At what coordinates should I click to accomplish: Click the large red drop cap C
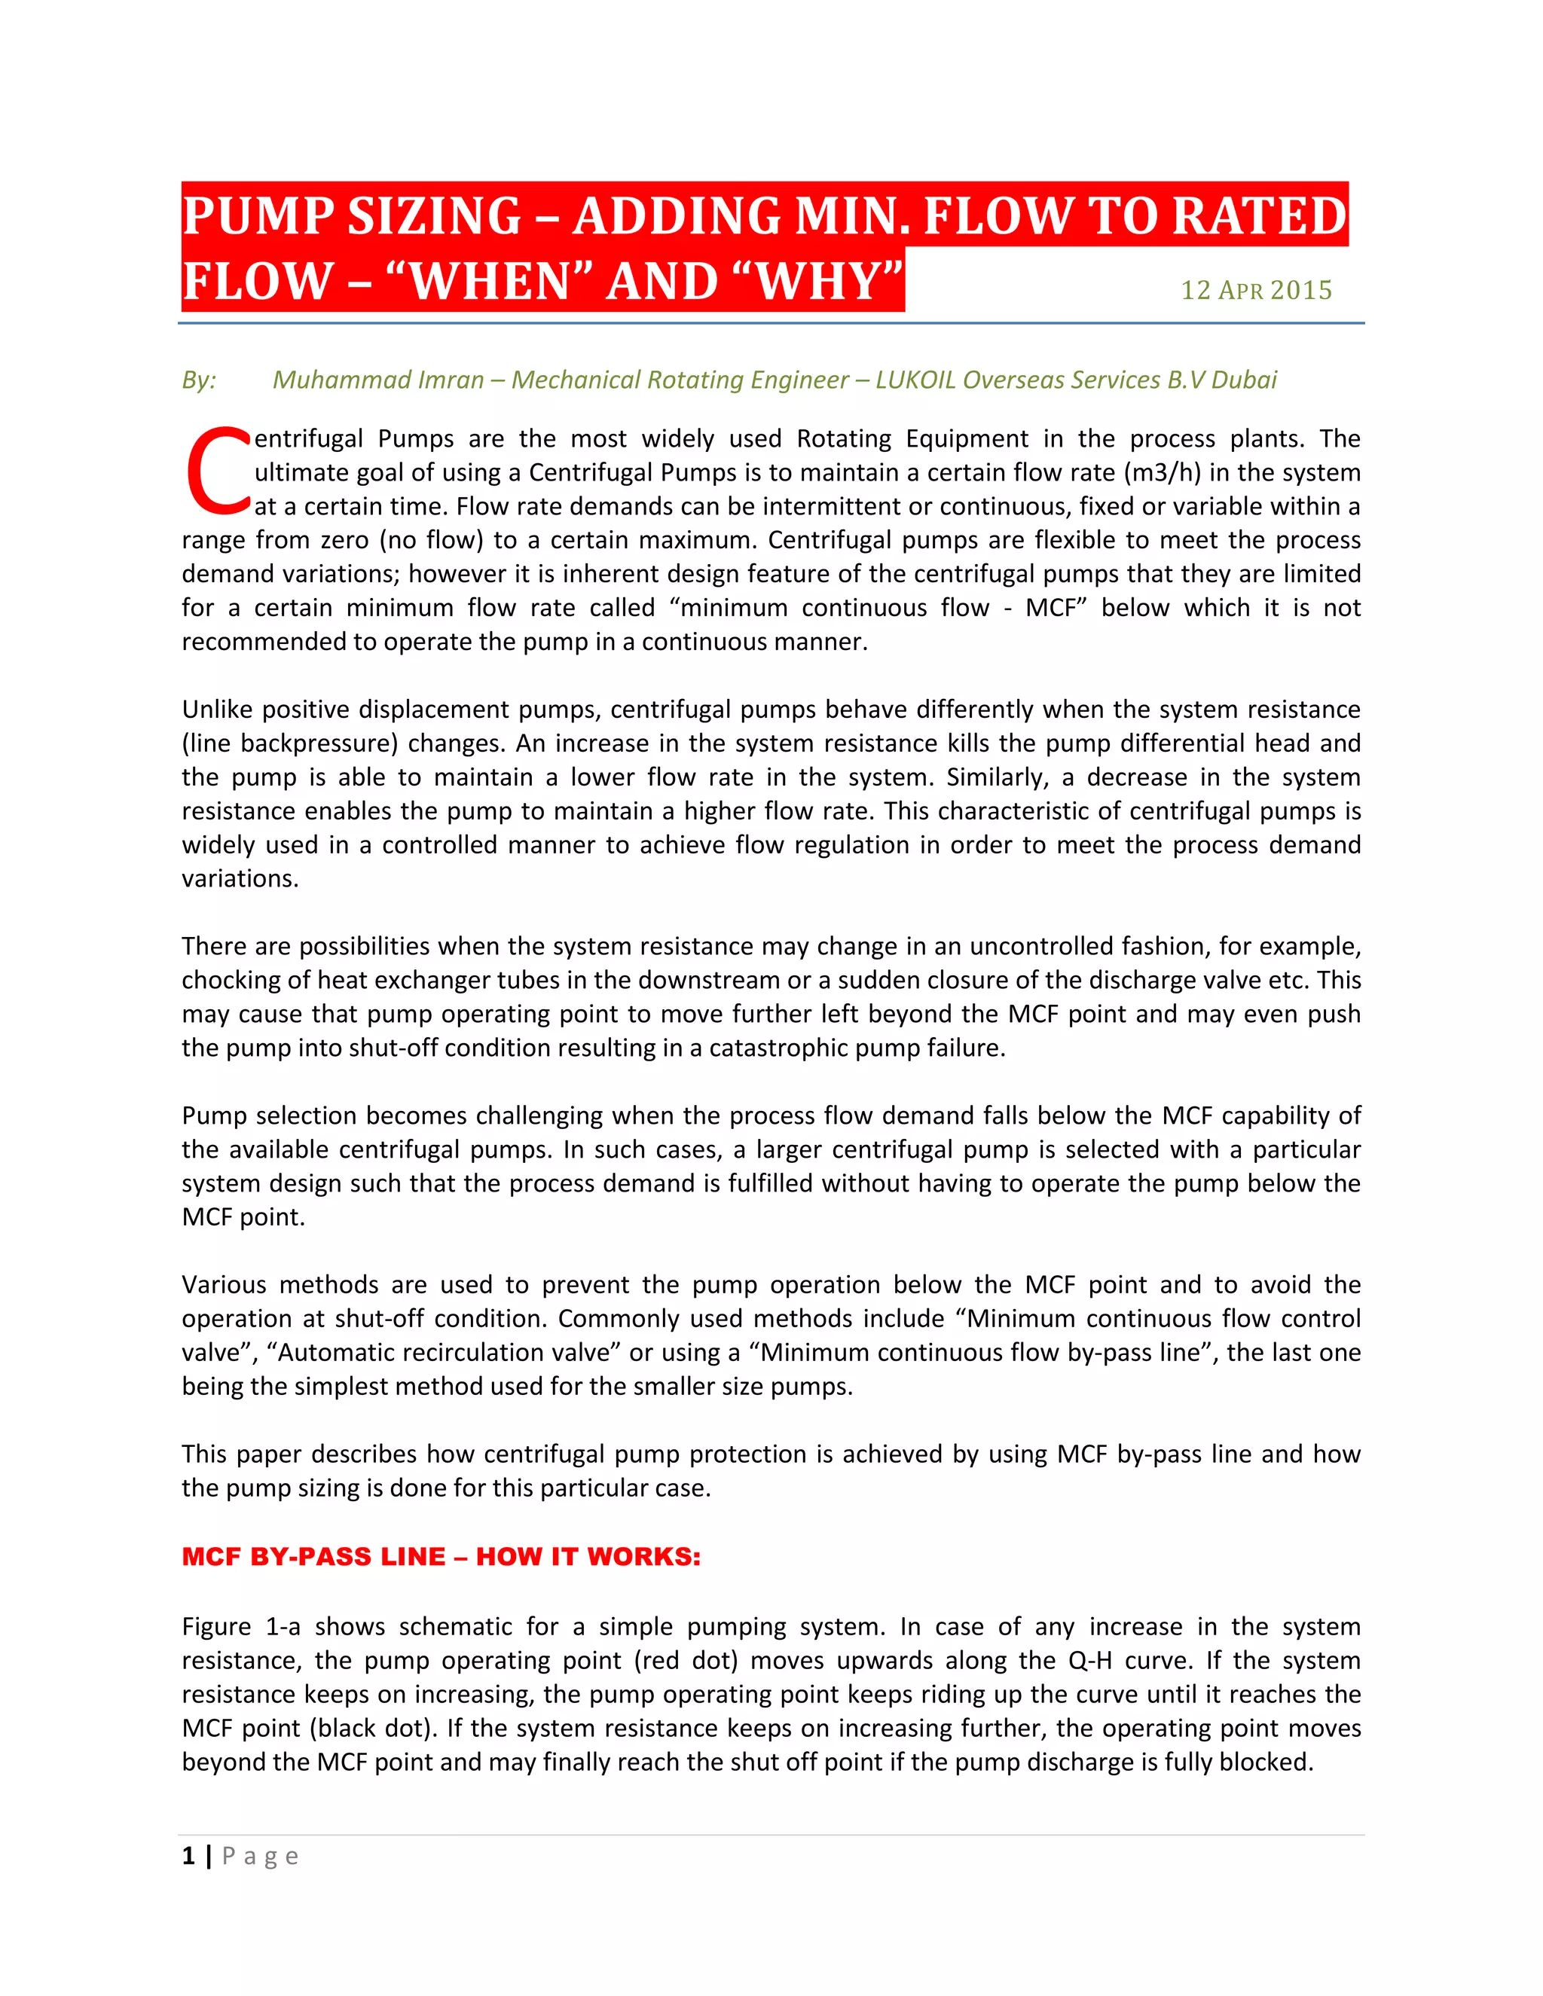[218, 472]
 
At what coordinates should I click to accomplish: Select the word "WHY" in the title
[822, 281]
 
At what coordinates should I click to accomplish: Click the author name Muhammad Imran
[377, 380]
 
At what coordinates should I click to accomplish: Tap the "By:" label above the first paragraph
[198, 380]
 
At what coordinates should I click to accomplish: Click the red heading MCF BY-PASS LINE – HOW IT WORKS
[441, 1556]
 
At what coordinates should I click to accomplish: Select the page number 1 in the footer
[188, 1855]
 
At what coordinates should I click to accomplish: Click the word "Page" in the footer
[260, 1856]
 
